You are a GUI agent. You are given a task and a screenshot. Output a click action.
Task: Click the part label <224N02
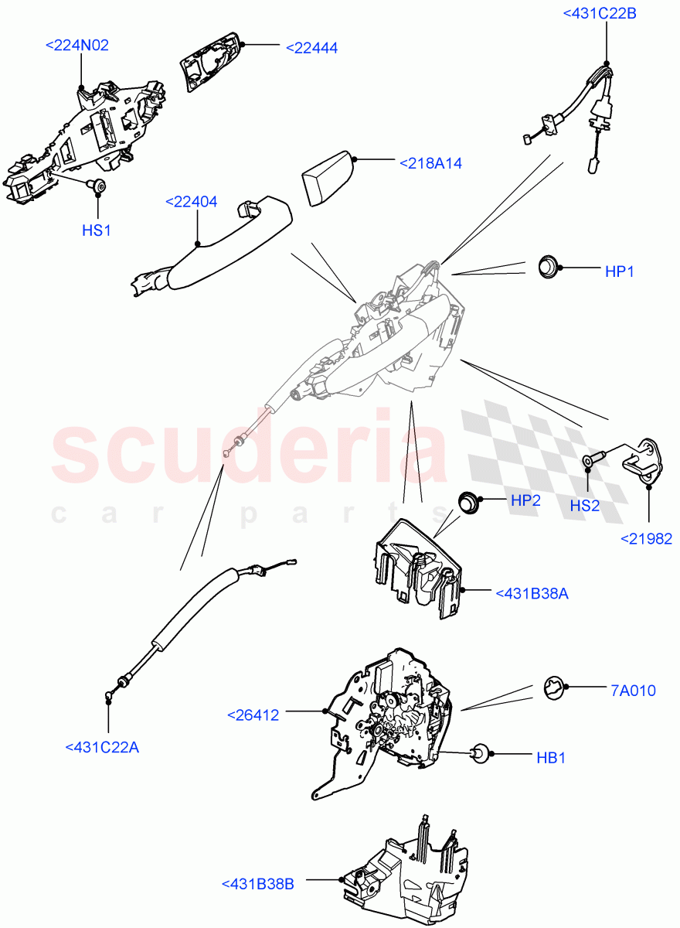(77, 46)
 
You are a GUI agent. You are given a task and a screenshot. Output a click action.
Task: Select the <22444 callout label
(311, 48)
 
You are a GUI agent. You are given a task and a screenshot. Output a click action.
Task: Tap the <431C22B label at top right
(600, 12)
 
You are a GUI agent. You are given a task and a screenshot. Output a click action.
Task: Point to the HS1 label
(97, 230)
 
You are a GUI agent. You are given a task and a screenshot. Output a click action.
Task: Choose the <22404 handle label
(191, 202)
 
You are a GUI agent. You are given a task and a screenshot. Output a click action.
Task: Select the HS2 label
(585, 506)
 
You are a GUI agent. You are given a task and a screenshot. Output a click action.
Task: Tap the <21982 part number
(646, 539)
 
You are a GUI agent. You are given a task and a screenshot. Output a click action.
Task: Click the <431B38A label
(532, 593)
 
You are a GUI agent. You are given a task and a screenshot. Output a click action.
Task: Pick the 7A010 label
(633, 691)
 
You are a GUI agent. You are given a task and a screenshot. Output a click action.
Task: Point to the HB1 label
(551, 758)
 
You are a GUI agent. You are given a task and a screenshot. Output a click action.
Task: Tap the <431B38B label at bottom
(257, 884)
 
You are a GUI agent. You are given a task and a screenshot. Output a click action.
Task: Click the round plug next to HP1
(548, 268)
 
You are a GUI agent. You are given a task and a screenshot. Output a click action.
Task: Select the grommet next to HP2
(467, 502)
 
